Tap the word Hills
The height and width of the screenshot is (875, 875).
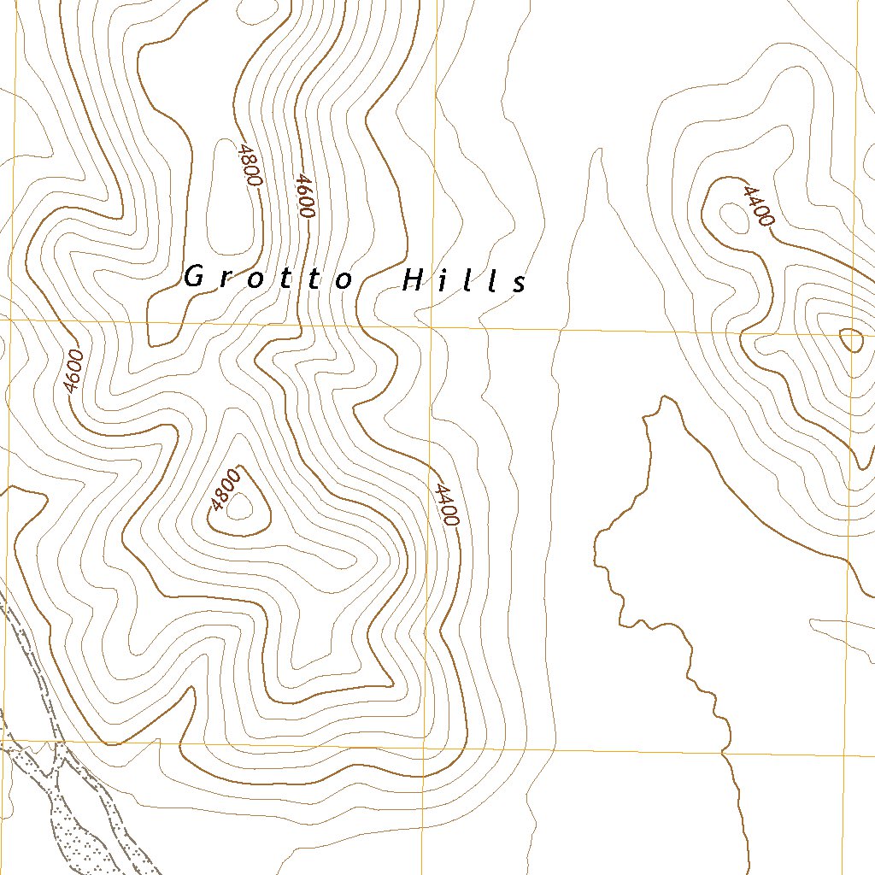click(464, 281)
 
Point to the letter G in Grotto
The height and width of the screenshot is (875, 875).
click(194, 276)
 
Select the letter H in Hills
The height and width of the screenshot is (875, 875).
click(413, 279)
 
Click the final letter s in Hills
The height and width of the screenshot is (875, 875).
click(520, 285)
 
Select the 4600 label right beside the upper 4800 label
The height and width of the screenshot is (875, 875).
click(303, 196)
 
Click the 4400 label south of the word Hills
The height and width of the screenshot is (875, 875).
click(446, 504)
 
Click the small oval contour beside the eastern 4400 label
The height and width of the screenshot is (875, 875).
click(734, 217)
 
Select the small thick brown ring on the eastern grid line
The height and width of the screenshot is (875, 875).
click(851, 340)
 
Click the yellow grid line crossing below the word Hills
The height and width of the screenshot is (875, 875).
click(432, 326)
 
